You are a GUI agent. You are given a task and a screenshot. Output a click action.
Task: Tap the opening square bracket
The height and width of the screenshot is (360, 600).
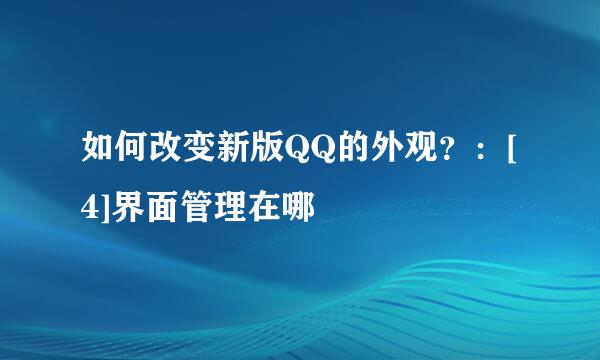click(512, 153)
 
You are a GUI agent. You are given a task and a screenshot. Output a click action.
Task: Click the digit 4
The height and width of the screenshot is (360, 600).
click(91, 208)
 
